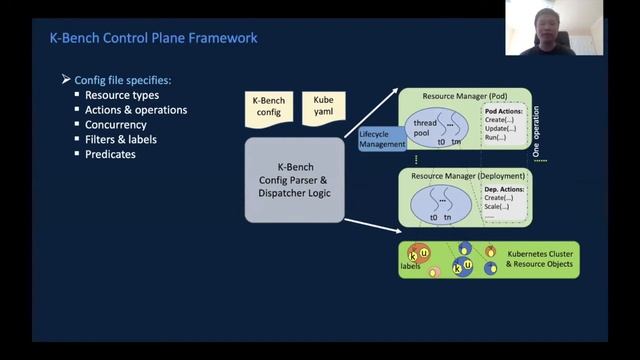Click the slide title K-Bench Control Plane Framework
click(x=153, y=38)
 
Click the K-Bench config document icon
click(x=267, y=107)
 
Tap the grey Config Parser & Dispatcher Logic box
click(x=295, y=180)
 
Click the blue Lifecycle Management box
click(x=382, y=138)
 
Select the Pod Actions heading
click(x=505, y=111)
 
